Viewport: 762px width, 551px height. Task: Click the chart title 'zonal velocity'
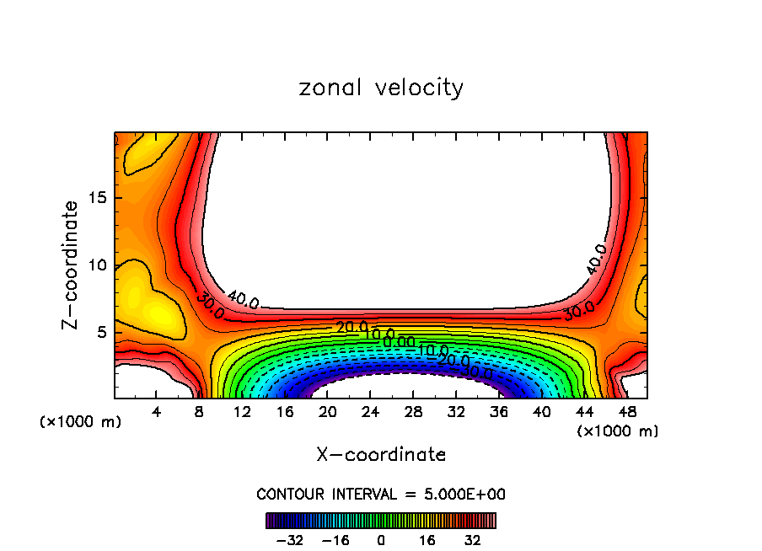click(381, 88)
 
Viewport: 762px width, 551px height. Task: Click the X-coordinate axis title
click(381, 455)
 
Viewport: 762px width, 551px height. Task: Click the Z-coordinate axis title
click(72, 265)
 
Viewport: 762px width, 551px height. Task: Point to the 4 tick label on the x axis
click(157, 412)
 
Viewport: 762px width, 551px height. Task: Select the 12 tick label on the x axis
click(242, 412)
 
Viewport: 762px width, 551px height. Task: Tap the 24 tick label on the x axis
click(370, 412)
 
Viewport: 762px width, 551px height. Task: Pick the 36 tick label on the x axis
click(498, 412)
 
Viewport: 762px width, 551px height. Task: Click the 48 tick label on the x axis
click(626, 412)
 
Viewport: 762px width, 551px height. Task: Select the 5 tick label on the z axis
click(99, 333)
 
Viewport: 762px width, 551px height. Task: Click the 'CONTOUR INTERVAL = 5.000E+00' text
click(381, 495)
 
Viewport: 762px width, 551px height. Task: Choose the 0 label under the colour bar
click(381, 540)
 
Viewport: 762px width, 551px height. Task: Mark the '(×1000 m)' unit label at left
click(81, 422)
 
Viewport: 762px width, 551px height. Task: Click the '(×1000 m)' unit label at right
click(618, 431)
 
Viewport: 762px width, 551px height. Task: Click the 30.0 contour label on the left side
click(209, 305)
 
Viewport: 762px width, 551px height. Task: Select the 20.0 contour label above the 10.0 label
click(351, 327)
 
